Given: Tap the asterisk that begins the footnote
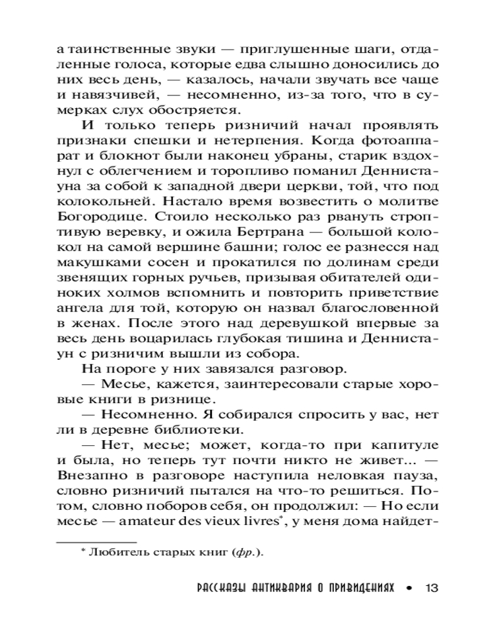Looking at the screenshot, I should click(82, 551).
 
